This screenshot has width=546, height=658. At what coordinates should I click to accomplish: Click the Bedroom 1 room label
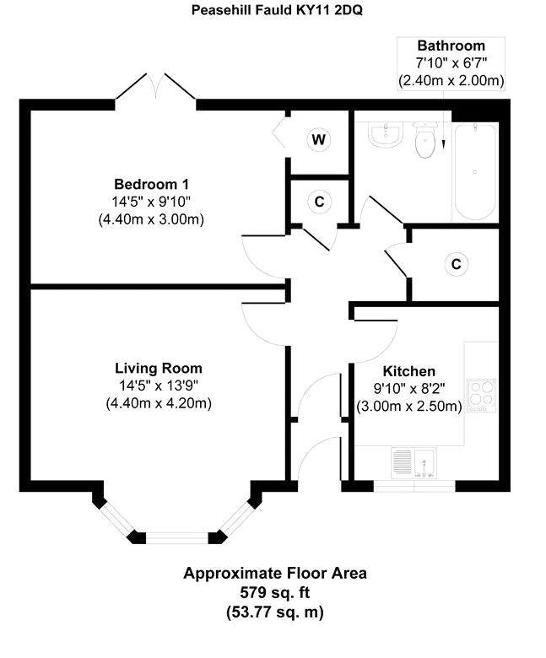152,184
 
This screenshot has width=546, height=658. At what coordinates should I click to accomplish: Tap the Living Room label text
159,369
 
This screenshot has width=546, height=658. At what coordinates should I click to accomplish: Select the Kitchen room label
409,371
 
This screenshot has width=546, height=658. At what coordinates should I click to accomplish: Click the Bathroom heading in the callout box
451,46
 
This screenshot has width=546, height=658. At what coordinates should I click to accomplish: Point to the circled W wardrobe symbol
319,139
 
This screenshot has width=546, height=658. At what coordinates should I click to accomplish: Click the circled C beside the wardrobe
319,202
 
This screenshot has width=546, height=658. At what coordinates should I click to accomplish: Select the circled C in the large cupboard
457,264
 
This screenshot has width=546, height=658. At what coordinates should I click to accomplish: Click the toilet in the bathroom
424,140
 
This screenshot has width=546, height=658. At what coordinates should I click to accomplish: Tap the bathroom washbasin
386,134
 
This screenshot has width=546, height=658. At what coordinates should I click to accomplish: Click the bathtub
475,171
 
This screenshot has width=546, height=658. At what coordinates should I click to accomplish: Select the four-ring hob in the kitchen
481,396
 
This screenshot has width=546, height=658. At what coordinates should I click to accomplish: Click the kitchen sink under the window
414,463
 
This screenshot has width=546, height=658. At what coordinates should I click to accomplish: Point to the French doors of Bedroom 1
155,86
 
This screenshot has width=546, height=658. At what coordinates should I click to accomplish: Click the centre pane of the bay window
176,538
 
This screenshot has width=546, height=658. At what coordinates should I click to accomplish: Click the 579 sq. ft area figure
275,593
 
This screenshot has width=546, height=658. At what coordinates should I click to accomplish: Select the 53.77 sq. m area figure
275,612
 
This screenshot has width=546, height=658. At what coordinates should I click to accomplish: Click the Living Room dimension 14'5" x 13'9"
159,386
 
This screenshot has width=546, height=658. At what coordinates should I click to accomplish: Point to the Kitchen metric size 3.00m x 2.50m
409,407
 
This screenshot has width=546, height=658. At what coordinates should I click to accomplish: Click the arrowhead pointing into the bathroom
444,145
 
